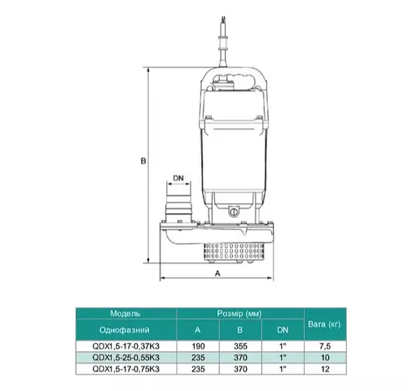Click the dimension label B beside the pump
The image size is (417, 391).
[143, 161]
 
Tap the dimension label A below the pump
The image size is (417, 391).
[217, 274]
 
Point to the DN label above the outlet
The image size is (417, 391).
[178, 178]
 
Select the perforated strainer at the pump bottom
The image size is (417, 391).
[234, 252]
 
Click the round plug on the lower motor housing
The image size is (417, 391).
[234, 211]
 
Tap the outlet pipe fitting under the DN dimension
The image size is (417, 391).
[179, 205]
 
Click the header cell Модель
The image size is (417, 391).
[125, 314]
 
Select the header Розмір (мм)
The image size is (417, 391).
[239, 314]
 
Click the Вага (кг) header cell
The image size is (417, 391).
[324, 324]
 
